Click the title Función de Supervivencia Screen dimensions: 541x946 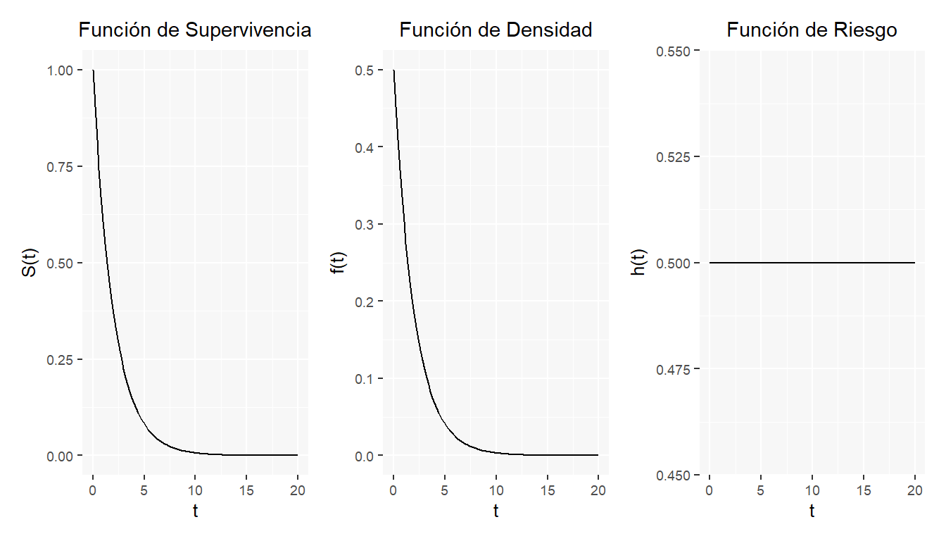pyautogui.click(x=195, y=30)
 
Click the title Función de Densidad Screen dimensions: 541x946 pyautogui.click(x=496, y=30)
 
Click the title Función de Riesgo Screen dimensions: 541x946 pyautogui.click(x=812, y=30)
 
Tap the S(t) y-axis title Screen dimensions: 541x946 pyautogui.click(x=30, y=263)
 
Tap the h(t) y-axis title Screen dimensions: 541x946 pyautogui.click(x=639, y=263)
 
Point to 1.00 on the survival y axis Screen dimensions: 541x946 pyautogui.click(x=60, y=70)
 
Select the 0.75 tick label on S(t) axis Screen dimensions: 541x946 pyautogui.click(x=60, y=167)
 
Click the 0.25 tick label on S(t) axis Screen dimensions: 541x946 pyautogui.click(x=60, y=360)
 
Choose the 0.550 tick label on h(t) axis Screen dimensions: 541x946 pyautogui.click(x=672, y=51)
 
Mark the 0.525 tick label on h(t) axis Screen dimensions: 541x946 pyautogui.click(x=672, y=156)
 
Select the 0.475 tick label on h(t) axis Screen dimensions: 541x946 pyautogui.click(x=672, y=369)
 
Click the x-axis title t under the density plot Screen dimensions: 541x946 pyautogui.click(x=496, y=511)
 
